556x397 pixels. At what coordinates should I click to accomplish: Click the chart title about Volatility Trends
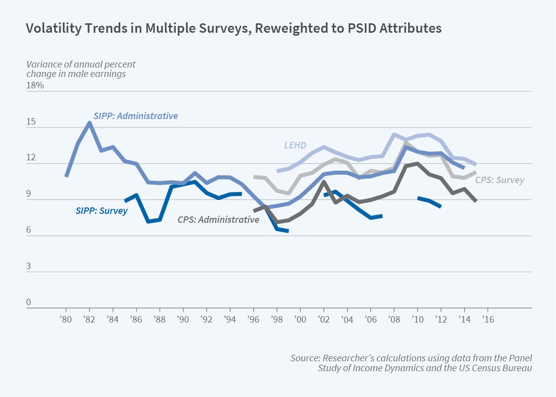pos(233,28)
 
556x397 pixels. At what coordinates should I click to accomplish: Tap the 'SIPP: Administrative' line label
pos(136,116)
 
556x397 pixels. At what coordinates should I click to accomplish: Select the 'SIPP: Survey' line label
pos(101,210)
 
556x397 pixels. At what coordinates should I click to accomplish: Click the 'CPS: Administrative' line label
pos(218,219)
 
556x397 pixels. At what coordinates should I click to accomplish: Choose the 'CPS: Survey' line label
pos(499,180)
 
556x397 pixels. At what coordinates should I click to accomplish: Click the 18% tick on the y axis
pos(35,85)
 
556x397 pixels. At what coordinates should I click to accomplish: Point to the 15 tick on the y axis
pos(31,122)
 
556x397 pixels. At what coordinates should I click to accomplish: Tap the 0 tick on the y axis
pos(29,302)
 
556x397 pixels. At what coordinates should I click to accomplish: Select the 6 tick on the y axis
pos(29,230)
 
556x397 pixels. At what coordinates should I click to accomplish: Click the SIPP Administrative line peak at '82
pos(89,123)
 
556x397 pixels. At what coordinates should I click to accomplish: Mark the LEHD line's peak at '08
pos(394,134)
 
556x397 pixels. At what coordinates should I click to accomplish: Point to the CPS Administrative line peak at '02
pos(324,182)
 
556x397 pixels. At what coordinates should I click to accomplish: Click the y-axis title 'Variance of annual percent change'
pos(80,69)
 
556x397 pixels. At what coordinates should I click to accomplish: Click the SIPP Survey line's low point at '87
pos(148,221)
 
